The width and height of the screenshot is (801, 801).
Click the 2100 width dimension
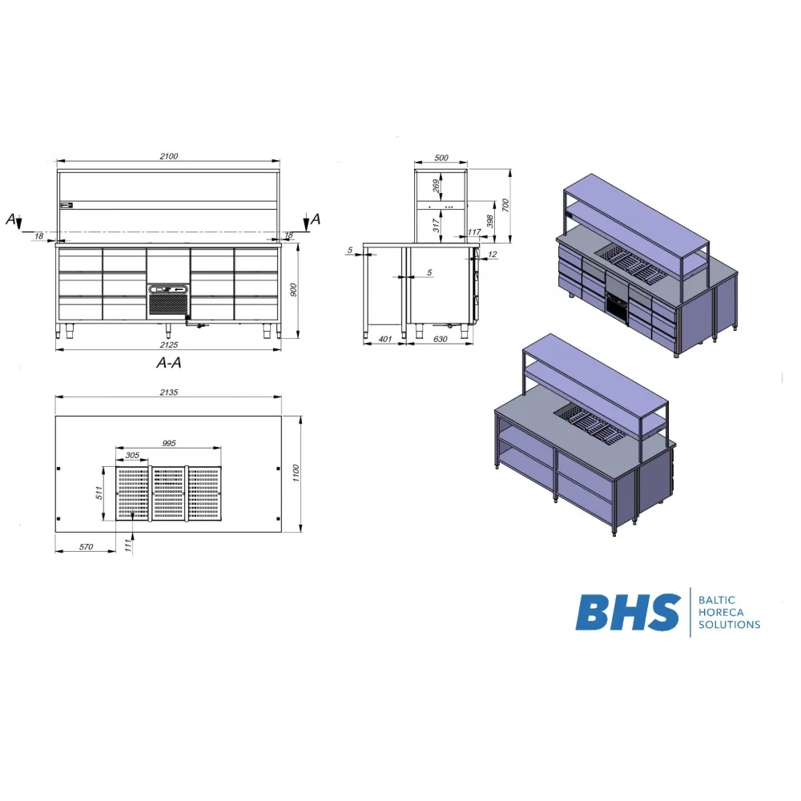click(168, 156)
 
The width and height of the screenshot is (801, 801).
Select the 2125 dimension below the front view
click(168, 344)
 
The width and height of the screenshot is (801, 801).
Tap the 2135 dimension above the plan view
click(168, 392)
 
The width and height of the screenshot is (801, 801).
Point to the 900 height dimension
click(293, 290)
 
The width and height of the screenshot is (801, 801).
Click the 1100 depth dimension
click(296, 473)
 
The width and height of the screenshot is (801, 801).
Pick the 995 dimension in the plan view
click(168, 444)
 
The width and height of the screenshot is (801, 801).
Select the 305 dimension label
click(132, 455)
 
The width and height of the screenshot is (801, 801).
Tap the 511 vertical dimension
click(99, 493)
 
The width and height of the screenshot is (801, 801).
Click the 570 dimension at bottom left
click(86, 547)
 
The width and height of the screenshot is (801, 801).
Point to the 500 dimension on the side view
click(441, 158)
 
